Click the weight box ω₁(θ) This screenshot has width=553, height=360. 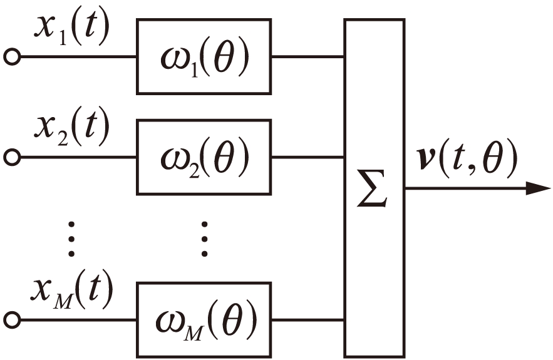coord(204,56)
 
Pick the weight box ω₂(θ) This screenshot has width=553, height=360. coord(204,156)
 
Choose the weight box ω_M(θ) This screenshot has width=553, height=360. coord(204,320)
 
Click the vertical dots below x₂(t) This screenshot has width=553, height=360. coord(71,238)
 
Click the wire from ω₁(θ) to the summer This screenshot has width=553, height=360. coord(308,57)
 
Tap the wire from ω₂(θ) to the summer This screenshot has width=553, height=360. coord(308,156)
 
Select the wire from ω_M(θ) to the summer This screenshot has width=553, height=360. coord(308,320)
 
